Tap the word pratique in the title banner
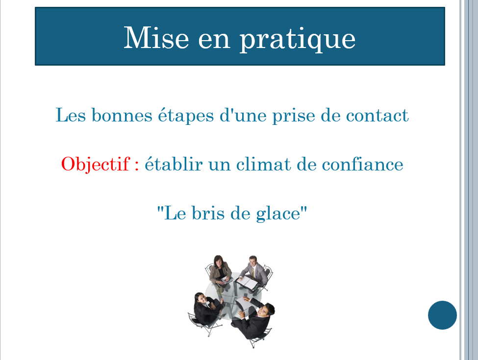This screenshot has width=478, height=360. tap(298, 40)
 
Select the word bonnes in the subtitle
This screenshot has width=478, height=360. tap(122, 115)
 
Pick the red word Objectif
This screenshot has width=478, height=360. tap(96, 165)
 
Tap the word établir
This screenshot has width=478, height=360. tap(174, 164)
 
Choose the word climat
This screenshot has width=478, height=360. tap(264, 164)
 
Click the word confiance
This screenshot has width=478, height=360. tap(362, 164)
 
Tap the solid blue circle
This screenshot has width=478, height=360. tap(442, 315)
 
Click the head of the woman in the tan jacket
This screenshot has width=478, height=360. tap(218, 261)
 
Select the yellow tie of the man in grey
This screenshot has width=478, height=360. tap(252, 272)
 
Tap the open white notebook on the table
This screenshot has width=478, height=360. tap(248, 283)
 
